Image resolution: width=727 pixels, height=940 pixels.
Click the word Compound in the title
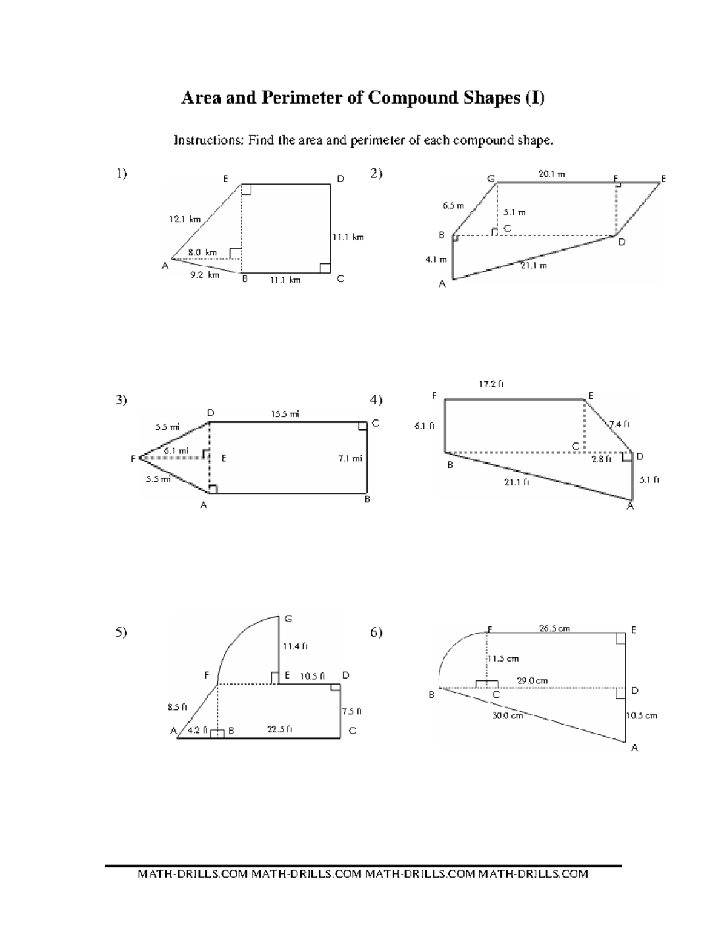(x=412, y=98)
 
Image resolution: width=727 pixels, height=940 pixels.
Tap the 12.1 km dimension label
(x=185, y=219)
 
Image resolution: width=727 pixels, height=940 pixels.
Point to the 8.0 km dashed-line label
(x=202, y=252)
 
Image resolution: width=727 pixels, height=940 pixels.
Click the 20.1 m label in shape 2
(x=551, y=174)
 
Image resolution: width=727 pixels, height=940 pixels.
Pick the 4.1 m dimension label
(x=436, y=260)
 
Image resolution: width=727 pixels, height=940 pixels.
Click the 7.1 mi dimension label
(x=351, y=458)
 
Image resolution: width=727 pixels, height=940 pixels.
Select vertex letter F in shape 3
(x=133, y=459)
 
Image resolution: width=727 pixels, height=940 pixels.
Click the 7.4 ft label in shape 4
(x=619, y=424)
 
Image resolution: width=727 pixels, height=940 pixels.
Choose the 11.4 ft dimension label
(x=296, y=646)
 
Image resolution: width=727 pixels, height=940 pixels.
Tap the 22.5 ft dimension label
(x=280, y=729)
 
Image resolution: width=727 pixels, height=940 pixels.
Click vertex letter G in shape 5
(x=288, y=619)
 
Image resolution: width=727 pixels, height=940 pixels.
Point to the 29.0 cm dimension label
(x=532, y=680)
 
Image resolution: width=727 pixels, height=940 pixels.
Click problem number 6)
(x=376, y=632)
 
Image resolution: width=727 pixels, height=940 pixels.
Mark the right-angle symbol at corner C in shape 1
(x=325, y=268)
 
